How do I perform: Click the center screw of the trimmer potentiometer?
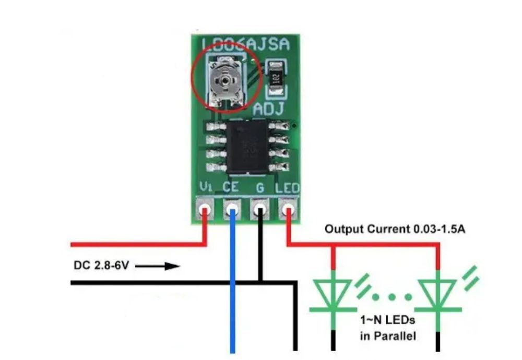[224, 81]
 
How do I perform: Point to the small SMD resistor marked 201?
[276, 78]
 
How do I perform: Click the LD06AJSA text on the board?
[245, 45]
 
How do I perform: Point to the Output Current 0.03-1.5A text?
[395, 229]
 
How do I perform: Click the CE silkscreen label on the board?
[231, 187]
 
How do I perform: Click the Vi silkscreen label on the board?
[205, 187]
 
